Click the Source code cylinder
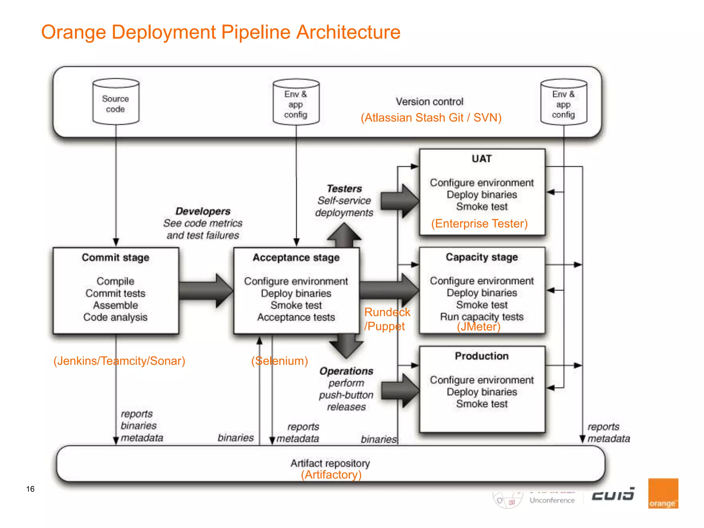(x=116, y=102)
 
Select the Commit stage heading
(x=115, y=257)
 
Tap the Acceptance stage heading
(x=296, y=257)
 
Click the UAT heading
(x=482, y=159)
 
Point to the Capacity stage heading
(x=482, y=257)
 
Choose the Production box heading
(x=482, y=356)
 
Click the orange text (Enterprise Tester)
(x=480, y=224)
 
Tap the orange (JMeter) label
(x=478, y=327)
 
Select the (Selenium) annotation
(x=279, y=361)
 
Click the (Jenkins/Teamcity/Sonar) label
(x=119, y=361)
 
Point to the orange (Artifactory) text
(x=331, y=475)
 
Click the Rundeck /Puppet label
(x=387, y=319)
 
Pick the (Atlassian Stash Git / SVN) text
(x=431, y=118)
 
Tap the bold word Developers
(x=203, y=211)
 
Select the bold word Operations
(x=346, y=371)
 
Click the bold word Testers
(x=344, y=189)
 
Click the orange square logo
(x=663, y=493)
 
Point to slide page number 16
(x=30, y=489)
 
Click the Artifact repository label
(x=330, y=463)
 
